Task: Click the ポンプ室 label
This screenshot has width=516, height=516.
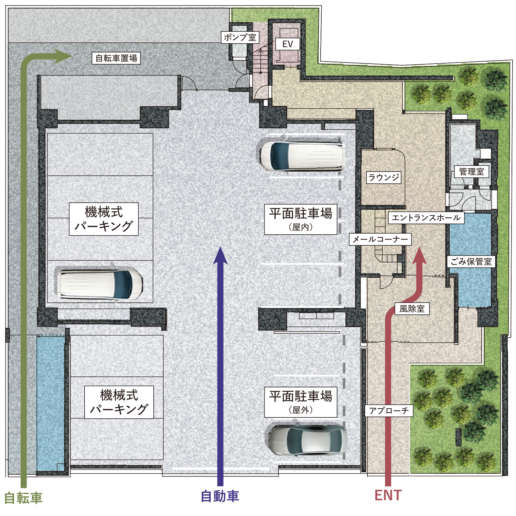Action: coord(240,37)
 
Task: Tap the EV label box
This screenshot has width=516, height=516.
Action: coord(287,44)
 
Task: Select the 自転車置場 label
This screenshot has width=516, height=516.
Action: coord(116,58)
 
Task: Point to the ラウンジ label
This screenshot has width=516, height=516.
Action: coord(384,178)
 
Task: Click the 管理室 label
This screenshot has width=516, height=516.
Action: coord(471,172)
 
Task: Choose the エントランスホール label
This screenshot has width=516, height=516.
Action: coord(426,218)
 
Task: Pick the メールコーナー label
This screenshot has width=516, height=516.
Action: coord(380,239)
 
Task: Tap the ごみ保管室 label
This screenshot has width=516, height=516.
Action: coord(471,262)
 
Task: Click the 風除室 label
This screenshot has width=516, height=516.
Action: coord(412,309)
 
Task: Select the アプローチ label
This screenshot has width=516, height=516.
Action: coord(389,410)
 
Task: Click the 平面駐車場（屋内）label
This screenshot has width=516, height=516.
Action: coord(301,219)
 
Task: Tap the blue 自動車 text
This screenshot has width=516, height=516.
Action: coord(220,496)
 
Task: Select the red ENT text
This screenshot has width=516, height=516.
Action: coord(388,495)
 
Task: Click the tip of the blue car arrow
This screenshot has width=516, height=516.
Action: coord(220,248)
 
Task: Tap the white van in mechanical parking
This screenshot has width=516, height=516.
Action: coord(100,284)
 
